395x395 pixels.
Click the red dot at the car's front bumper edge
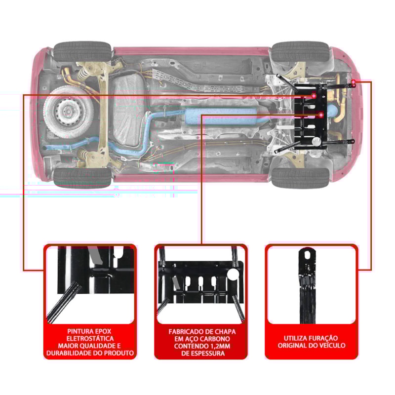[x=354, y=80]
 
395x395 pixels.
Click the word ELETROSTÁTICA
[x=90, y=338]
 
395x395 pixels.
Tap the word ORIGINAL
[x=293, y=346]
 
